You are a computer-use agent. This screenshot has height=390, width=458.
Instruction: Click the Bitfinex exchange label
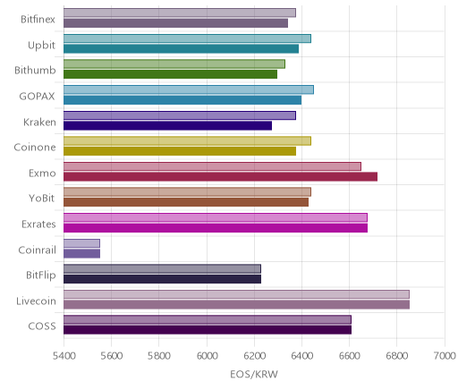click(38, 20)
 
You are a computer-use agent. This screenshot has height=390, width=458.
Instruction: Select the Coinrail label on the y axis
click(37, 250)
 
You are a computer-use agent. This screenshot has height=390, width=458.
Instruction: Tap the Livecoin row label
click(36, 301)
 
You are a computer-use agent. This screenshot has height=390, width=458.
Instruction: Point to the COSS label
click(42, 326)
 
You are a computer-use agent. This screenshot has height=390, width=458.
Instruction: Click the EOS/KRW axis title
click(254, 375)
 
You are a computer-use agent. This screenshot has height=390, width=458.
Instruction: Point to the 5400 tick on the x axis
click(64, 356)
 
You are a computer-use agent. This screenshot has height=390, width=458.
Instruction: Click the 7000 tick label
click(445, 356)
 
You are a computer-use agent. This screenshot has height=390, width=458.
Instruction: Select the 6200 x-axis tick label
click(254, 356)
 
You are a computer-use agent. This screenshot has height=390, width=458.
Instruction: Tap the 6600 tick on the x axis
click(350, 356)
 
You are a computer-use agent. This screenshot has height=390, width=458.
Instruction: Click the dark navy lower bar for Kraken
click(167, 125)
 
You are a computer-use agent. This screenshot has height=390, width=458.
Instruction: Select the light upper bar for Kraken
click(180, 115)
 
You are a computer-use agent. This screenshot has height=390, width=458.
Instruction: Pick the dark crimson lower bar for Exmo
click(220, 177)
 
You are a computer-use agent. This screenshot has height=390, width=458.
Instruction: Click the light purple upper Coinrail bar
click(81, 243)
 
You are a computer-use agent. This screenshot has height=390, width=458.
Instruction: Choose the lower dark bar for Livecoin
click(236, 305)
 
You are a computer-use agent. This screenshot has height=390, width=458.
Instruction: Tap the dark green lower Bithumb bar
click(170, 74)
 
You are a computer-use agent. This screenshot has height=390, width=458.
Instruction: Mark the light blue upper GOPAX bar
click(189, 89)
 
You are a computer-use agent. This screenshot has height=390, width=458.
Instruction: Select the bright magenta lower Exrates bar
click(216, 228)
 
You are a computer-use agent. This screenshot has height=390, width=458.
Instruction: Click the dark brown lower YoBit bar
click(186, 202)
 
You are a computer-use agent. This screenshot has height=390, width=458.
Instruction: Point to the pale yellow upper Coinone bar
click(187, 141)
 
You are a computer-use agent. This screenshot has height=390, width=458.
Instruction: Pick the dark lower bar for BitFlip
click(162, 279)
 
